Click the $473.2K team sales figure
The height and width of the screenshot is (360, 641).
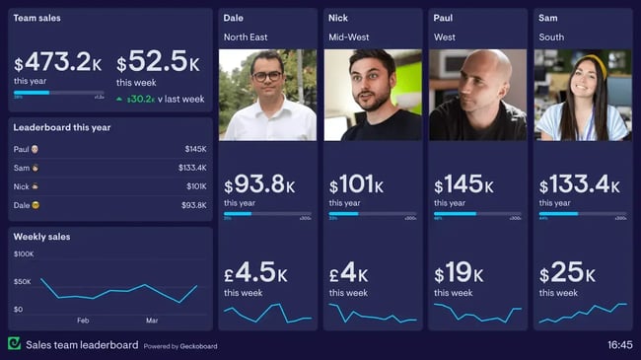tap(57, 63)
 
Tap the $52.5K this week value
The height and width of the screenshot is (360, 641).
tap(159, 63)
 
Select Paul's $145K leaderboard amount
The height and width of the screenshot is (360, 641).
tap(195, 149)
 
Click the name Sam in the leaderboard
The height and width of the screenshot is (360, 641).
tap(21, 168)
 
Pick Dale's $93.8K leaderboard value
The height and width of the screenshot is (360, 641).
tap(194, 205)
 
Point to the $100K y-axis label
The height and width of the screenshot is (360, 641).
tap(24, 254)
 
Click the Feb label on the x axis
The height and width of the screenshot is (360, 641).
tap(83, 321)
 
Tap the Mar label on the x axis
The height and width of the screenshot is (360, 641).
tap(152, 321)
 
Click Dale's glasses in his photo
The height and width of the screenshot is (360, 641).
tap(266, 75)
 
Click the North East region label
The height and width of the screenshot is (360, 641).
tap(247, 37)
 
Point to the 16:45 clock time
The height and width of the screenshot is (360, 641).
tap(619, 345)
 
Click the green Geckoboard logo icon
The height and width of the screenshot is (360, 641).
tap(14, 344)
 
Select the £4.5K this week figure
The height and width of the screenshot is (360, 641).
tap(254, 273)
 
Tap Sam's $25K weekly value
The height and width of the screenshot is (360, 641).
tap(567, 273)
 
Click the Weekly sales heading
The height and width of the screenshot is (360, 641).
tap(41, 237)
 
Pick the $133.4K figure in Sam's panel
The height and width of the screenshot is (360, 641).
tap(581, 184)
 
